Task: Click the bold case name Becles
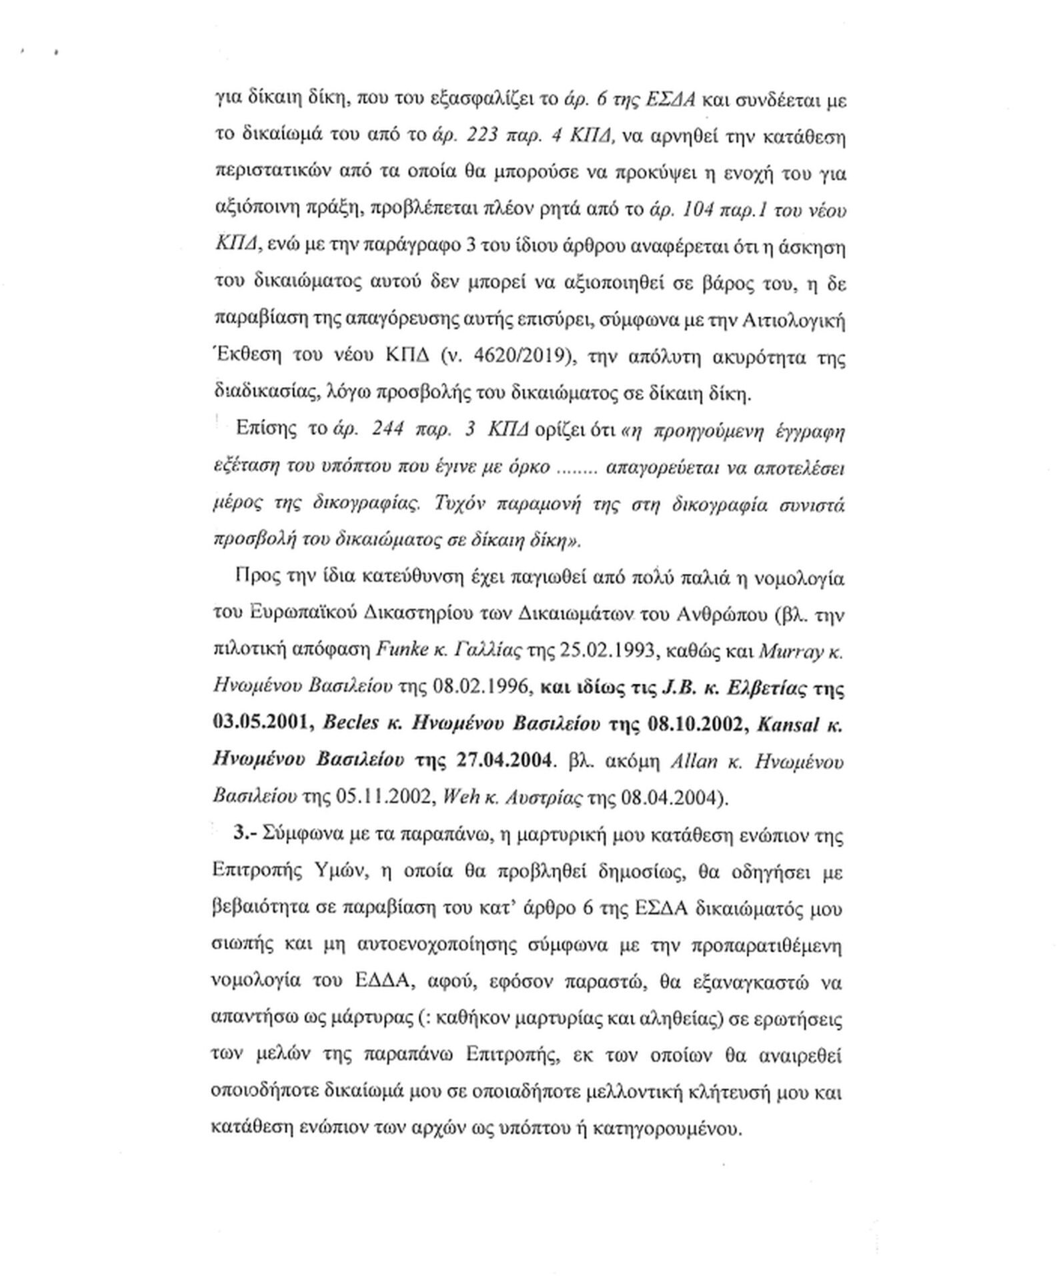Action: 351,725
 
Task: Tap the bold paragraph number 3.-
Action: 243,834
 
